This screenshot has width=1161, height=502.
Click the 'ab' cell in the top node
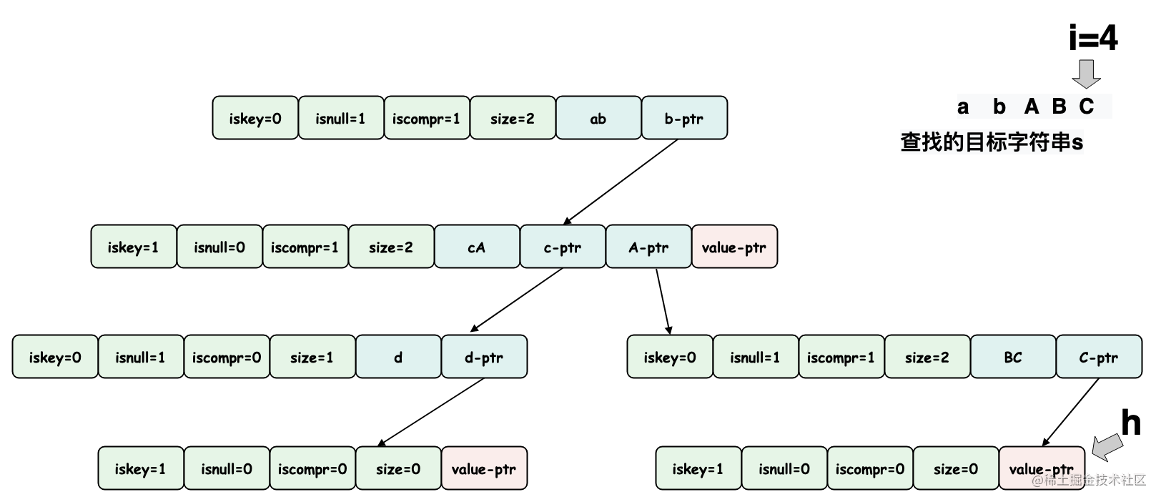point(598,118)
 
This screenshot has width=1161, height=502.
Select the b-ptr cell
point(684,118)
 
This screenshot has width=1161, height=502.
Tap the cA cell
point(477,247)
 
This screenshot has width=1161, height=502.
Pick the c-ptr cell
point(563,247)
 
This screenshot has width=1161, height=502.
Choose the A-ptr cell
point(648,247)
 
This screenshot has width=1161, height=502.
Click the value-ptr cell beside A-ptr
point(734,247)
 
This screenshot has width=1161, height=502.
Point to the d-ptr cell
point(484,357)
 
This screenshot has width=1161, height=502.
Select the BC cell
point(1013,357)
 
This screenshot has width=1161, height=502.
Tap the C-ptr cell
point(1099,357)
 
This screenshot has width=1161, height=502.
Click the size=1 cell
point(312,357)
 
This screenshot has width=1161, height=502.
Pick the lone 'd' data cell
point(398,357)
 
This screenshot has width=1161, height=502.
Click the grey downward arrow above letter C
point(1087,74)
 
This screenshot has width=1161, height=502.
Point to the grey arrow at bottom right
point(1108,448)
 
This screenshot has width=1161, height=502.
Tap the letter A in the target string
point(1031,107)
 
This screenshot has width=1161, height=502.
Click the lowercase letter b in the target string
point(999,107)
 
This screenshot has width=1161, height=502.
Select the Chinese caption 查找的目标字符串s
point(992,142)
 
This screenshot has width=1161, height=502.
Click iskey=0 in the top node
point(255,118)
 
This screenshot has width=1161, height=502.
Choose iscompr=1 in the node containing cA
point(305,247)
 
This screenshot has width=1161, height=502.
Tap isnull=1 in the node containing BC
point(756,357)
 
